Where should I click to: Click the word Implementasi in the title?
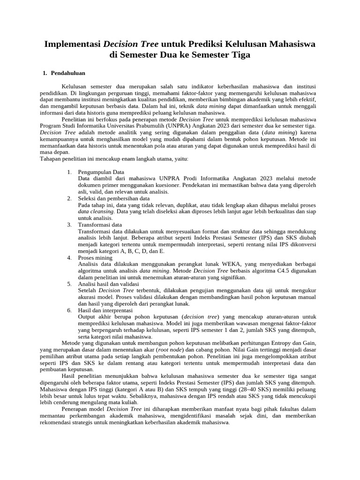73,44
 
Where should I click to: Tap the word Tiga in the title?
240,55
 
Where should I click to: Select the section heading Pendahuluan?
68,73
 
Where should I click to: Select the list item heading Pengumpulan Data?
101,172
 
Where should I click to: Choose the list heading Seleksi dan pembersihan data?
114,198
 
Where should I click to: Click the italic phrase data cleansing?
96,211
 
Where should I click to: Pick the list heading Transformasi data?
100,225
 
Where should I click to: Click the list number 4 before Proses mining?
69,258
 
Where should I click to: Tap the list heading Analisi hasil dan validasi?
108,284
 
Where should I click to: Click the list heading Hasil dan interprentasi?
105,310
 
